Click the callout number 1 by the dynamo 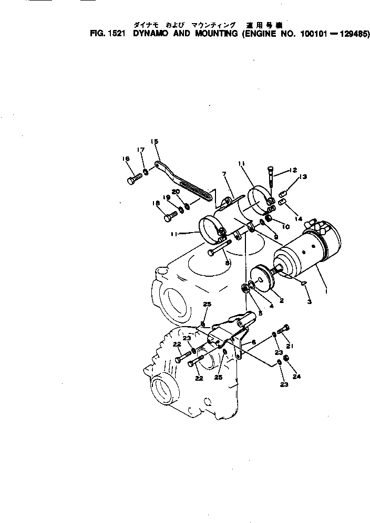click(x=326, y=288)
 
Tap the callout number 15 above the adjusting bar click(x=155, y=141)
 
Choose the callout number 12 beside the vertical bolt click(x=294, y=170)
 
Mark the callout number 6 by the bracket click(x=254, y=342)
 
